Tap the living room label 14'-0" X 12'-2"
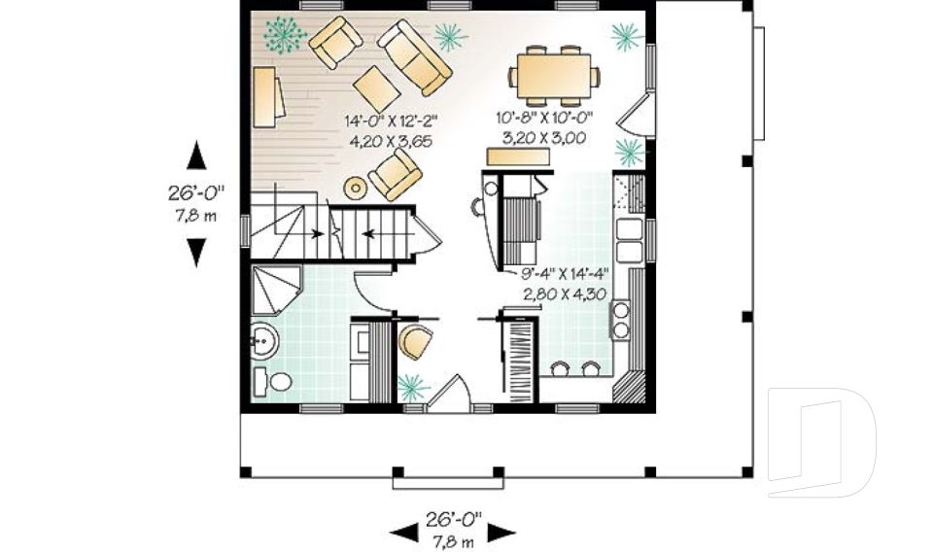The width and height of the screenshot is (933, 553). click(391, 121)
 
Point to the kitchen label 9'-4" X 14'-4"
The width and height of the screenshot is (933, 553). click(566, 273)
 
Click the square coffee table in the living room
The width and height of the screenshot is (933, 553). click(376, 88)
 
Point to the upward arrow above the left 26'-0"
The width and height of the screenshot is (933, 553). click(196, 155)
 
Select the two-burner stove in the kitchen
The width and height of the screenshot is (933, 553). click(620, 318)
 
